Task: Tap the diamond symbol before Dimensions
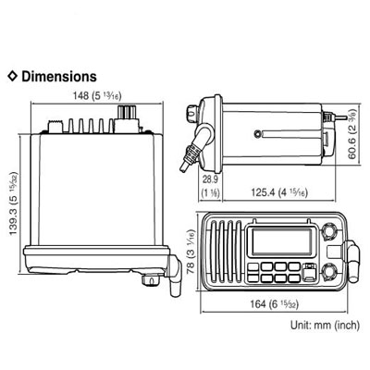(x=11, y=75)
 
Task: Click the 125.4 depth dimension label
(x=275, y=191)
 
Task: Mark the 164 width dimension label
(x=273, y=308)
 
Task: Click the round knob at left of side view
(x=189, y=115)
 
